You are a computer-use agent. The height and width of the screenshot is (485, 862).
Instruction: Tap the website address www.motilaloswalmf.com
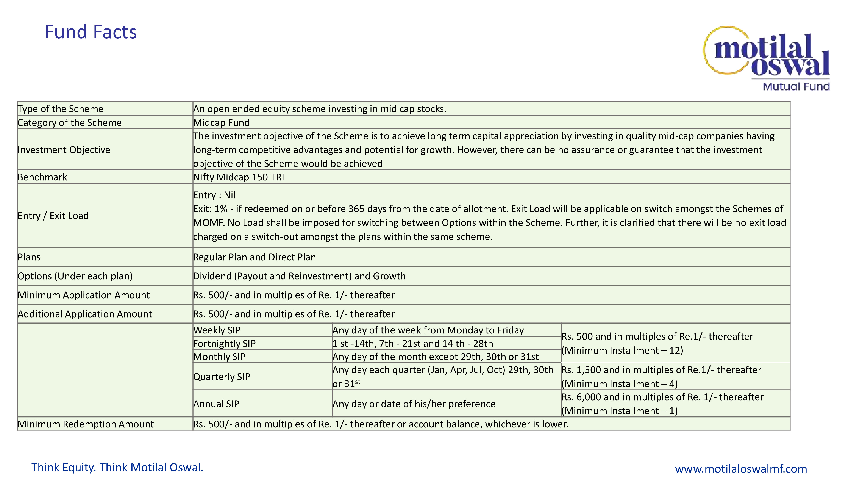[x=740, y=469]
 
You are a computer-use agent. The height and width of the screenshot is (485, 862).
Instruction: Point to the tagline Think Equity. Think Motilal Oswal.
[x=117, y=467]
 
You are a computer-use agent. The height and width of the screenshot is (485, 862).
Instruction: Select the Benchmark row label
[x=42, y=177]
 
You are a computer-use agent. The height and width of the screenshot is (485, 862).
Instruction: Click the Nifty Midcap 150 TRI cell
[x=239, y=177]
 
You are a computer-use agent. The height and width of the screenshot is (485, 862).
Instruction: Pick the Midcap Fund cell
[x=222, y=122]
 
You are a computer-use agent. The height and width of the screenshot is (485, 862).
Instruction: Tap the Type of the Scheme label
[x=61, y=109]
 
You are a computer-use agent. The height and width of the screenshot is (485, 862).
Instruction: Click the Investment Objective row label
[x=64, y=150]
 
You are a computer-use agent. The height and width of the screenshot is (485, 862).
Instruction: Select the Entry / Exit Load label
[x=53, y=216]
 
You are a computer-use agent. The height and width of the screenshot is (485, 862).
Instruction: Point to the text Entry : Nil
[x=214, y=195]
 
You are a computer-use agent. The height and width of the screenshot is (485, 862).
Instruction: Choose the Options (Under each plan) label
[x=75, y=276]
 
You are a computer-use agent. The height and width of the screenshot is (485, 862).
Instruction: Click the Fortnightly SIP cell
[x=225, y=343]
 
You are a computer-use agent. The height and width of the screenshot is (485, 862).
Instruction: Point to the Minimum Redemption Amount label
[x=86, y=424]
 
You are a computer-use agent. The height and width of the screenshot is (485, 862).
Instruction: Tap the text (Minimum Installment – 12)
[x=622, y=350]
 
